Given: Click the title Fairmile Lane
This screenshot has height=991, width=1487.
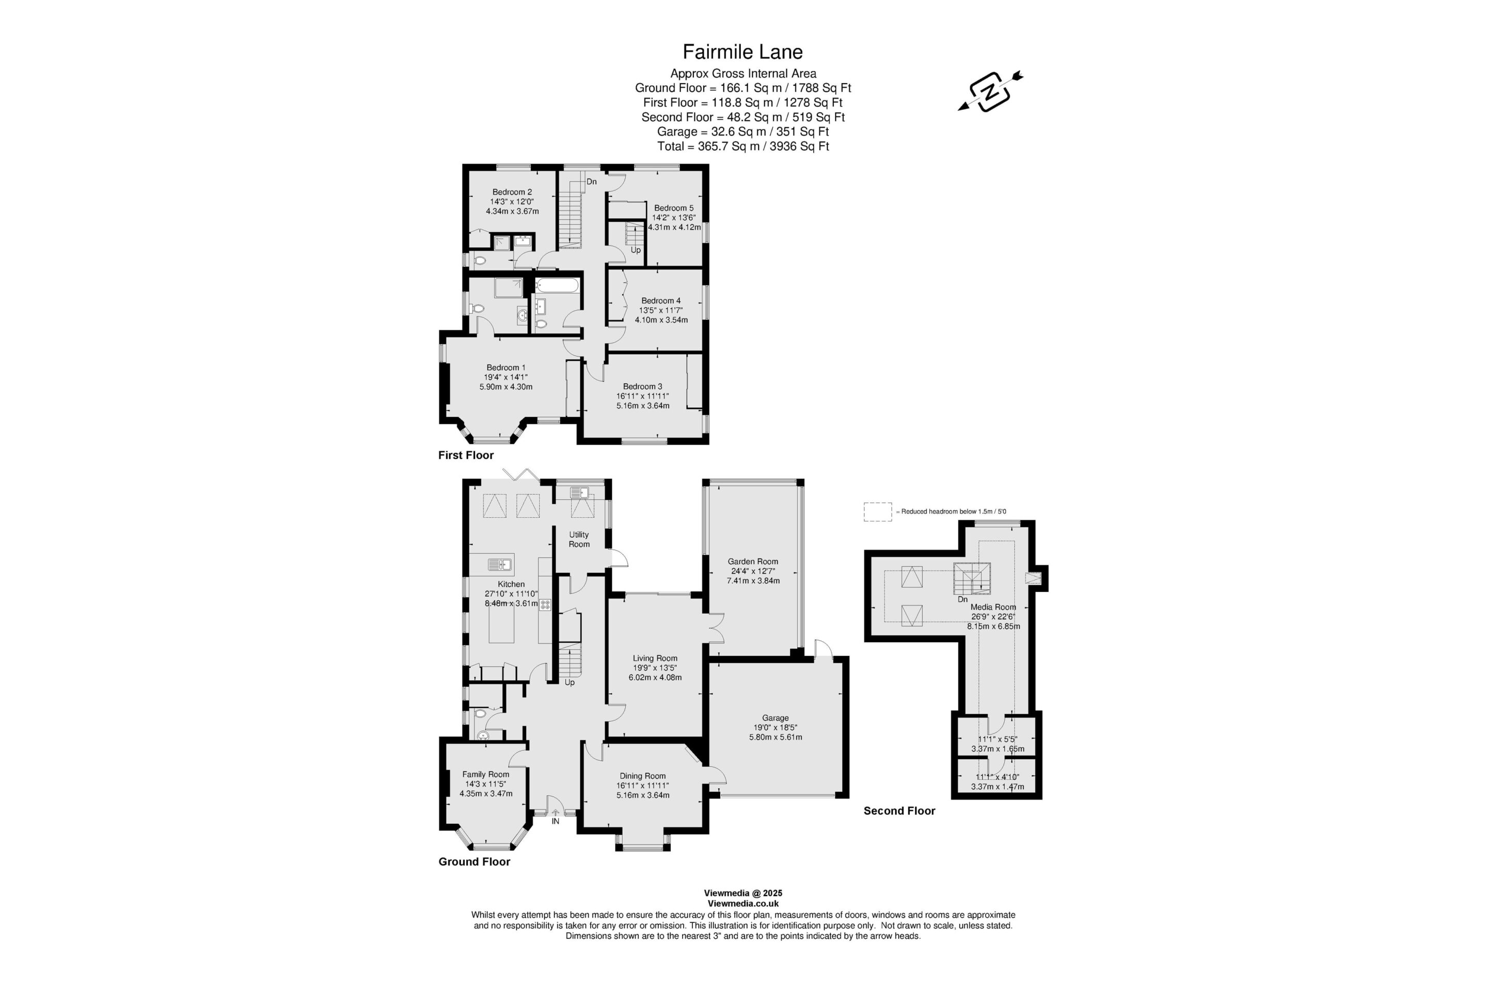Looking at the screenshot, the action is (x=743, y=52).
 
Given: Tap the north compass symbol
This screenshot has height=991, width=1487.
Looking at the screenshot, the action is (x=990, y=92).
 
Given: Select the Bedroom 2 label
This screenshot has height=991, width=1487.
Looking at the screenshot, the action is (x=512, y=192).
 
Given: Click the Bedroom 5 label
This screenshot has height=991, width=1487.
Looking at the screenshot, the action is (x=674, y=208).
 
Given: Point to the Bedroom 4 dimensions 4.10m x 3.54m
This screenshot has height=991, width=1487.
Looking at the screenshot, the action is (x=661, y=320).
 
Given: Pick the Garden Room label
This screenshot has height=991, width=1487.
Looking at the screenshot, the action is (x=753, y=561).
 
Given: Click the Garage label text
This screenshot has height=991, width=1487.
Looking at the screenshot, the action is (x=776, y=718).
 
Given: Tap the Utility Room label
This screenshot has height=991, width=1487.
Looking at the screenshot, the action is (x=579, y=539).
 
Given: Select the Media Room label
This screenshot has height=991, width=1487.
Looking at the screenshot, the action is (x=993, y=607).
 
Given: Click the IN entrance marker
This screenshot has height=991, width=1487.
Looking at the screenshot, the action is (x=556, y=821).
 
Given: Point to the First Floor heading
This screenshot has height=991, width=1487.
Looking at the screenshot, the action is (x=466, y=455).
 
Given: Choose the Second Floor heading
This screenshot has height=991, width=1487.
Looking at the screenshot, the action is (x=899, y=811).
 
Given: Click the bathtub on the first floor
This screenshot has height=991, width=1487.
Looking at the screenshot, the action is (x=557, y=286).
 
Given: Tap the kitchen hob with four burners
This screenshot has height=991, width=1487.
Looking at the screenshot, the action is (x=545, y=604).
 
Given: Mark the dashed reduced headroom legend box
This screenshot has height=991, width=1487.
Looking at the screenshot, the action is (x=878, y=512).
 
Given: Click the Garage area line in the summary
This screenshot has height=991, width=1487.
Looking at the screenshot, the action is (x=743, y=132).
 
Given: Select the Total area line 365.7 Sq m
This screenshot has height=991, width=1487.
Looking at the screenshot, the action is (x=743, y=146).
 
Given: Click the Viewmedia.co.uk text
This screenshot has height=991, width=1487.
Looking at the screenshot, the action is (x=743, y=904).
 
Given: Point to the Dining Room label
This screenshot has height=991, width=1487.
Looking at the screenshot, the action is (x=642, y=776).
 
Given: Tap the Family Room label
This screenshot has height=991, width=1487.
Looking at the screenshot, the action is (x=485, y=774).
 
